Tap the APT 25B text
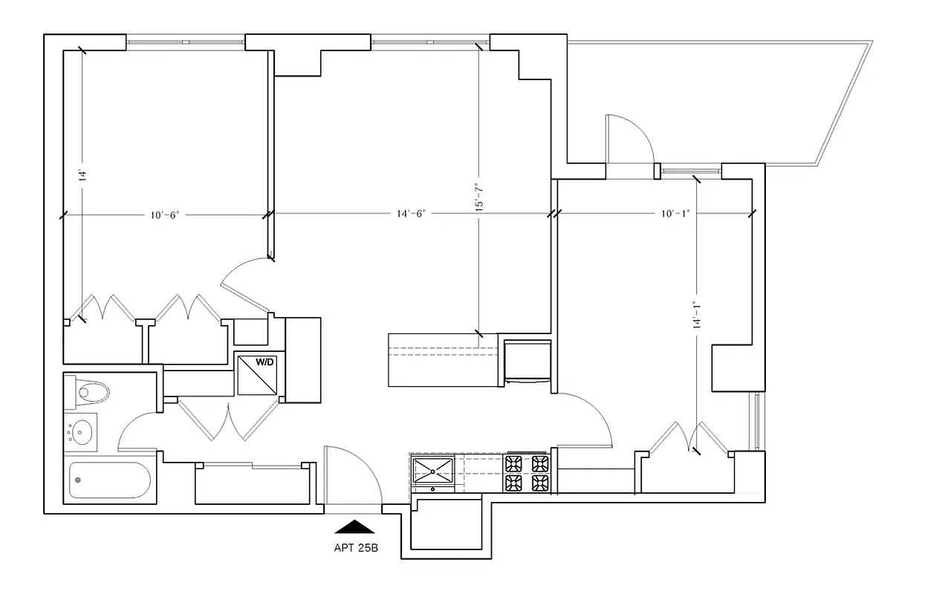pos(354,550)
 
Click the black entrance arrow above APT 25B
pos(354,526)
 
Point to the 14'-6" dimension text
pos(410,214)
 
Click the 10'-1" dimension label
pos(675,214)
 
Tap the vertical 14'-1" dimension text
pos(695,314)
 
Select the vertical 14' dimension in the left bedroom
pos(83,176)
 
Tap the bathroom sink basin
pos(82,431)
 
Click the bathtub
pos(109,481)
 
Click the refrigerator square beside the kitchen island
pos(527,362)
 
